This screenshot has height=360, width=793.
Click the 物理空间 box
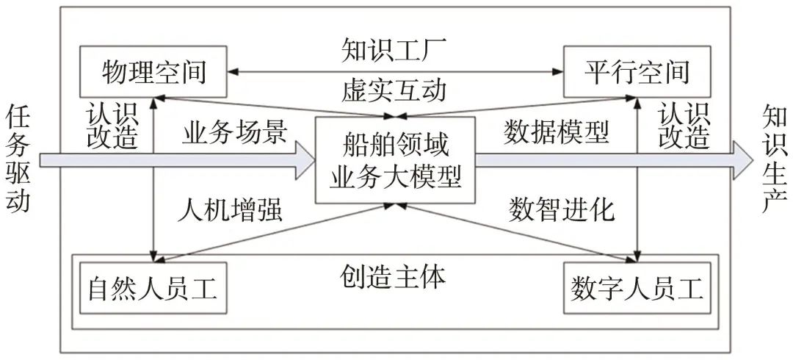153,72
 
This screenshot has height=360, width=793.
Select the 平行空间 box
637,72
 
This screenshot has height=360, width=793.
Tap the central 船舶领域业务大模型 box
395,160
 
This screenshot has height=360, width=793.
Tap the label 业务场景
235,132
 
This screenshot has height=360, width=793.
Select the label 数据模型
556,132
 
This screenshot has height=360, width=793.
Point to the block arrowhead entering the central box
303,160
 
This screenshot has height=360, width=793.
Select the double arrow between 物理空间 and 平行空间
394,72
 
